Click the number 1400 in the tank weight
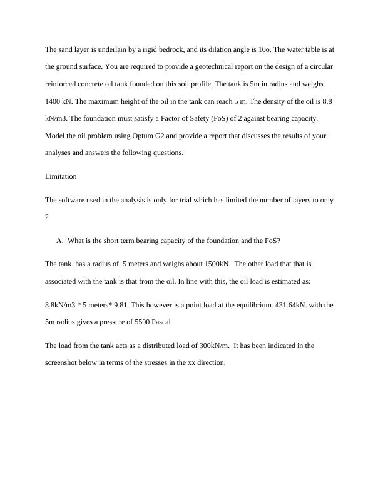[53, 101]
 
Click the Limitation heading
[61, 176]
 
